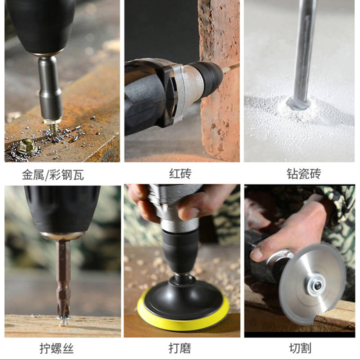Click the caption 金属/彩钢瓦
pyautogui.click(x=53, y=175)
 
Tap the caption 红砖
pyautogui.click(x=180, y=174)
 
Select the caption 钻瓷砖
pyautogui.click(x=304, y=174)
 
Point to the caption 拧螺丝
pyautogui.click(x=56, y=348)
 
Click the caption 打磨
pyautogui.click(x=180, y=348)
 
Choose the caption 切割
pyautogui.click(x=300, y=348)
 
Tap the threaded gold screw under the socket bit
pyautogui.click(x=53, y=129)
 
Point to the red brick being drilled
pyautogui.click(x=219, y=80)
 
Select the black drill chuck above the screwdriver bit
pyautogui.click(x=62, y=209)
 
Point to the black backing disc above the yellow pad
pyautogui.click(x=183, y=298)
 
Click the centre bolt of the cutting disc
pyautogui.click(x=318, y=286)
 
